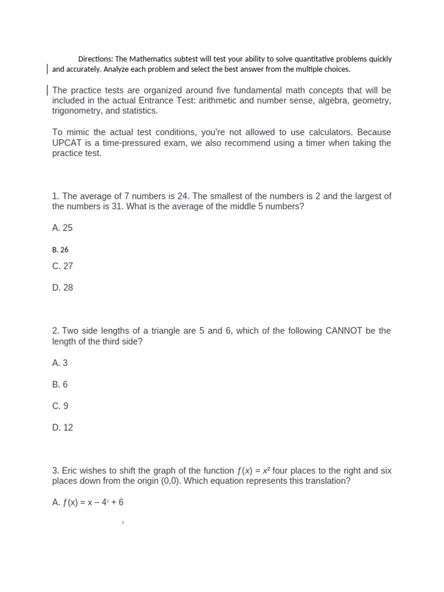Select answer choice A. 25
(x=62, y=228)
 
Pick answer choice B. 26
(x=60, y=250)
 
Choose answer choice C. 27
(x=62, y=266)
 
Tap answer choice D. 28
(x=62, y=287)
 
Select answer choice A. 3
(x=60, y=363)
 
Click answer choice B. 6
(x=60, y=384)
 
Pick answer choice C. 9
(x=60, y=406)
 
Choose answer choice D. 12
(x=62, y=427)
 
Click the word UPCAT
(x=67, y=143)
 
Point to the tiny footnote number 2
(x=123, y=523)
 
